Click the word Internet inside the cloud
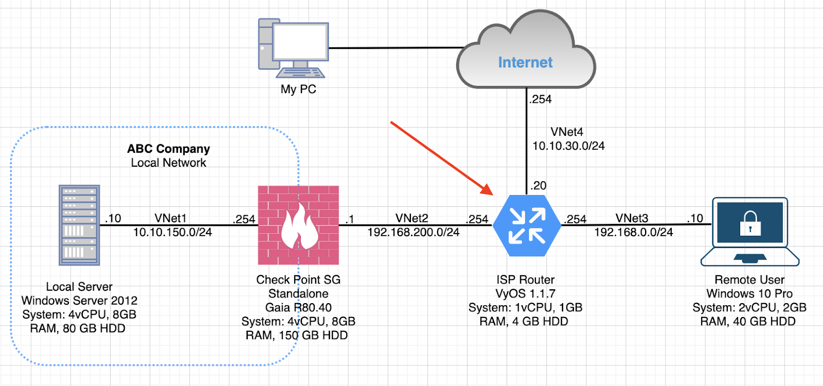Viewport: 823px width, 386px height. [525, 62]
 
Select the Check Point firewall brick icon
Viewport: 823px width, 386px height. [298, 225]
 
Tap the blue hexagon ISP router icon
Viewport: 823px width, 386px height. [527, 225]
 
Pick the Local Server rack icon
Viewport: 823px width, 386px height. [79, 225]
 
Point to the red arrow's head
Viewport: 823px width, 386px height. [489, 191]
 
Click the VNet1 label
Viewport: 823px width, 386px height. [170, 218]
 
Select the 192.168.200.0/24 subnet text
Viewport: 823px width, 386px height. [413, 233]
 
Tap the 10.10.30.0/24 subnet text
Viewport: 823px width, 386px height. [568, 146]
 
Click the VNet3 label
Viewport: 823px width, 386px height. [632, 218]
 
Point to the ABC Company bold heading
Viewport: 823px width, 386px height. [169, 149]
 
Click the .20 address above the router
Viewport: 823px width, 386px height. [538, 186]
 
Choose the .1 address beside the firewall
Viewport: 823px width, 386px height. [350, 220]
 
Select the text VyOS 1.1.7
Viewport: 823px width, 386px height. [525, 294]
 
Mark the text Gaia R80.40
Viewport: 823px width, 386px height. [298, 308]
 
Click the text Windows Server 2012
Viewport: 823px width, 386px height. [79, 301]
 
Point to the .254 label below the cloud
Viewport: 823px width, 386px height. [540, 99]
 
